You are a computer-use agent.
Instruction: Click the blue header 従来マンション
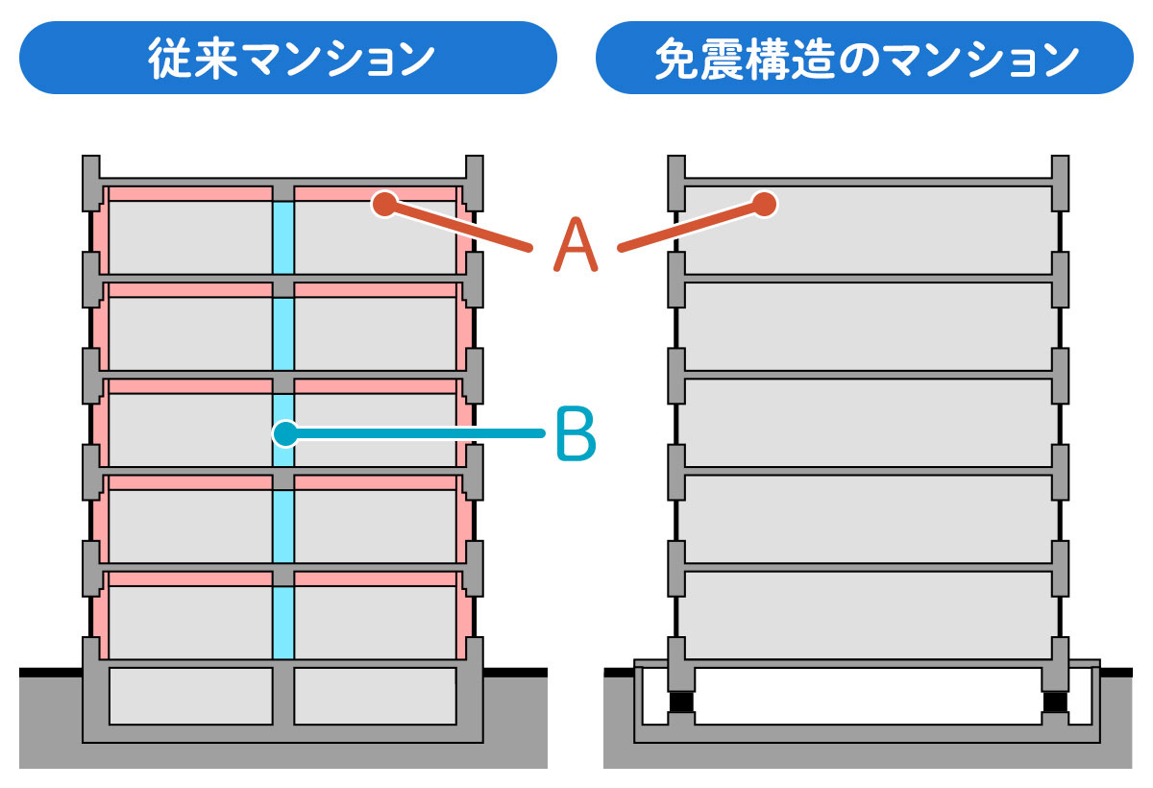pos(287,58)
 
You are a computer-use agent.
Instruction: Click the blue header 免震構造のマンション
pos(864,58)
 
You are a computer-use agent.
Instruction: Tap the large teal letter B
pos(576,434)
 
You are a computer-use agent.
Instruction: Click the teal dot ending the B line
pos(283,434)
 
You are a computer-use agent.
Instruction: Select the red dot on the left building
pos(384,203)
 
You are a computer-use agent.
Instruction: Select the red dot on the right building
pos(765,203)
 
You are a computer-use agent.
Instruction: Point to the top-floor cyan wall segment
pos(282,237)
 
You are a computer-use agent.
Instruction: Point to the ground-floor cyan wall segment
pos(282,623)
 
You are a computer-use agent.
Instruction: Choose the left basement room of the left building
pos(190,696)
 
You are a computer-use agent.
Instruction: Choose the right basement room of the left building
pos(375,696)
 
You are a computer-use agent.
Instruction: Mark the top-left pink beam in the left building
pos(189,194)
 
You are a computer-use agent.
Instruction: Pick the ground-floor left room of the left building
pos(189,623)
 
